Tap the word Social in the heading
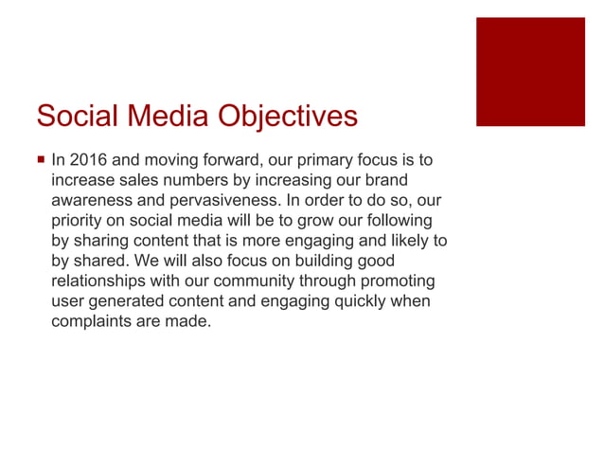coord(74,116)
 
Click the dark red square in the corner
coord(530,71)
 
